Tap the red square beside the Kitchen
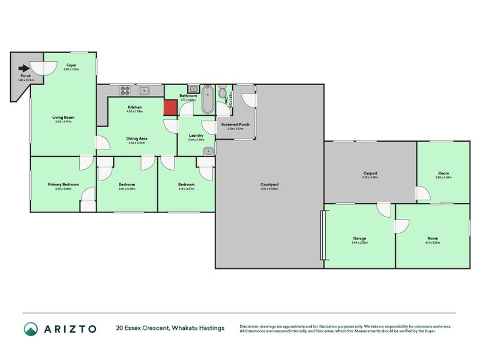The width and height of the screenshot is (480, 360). click(170, 107)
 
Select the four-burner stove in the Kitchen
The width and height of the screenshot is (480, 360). click(125, 91)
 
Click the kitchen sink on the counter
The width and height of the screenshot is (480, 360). click(143, 91)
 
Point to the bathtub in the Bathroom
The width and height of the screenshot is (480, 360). click(207, 100)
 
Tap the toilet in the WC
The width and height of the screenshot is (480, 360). click(222, 94)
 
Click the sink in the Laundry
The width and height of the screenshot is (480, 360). click(208, 151)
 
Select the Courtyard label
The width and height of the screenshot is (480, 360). click(269, 184)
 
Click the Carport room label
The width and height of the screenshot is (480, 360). click(370, 173)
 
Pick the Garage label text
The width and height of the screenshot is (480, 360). click(359, 238)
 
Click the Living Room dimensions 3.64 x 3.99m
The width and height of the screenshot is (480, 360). click(63, 122)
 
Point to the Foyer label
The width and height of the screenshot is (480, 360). click(71, 65)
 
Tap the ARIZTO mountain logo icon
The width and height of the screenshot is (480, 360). click(31, 328)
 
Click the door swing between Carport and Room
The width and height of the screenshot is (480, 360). click(423, 193)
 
